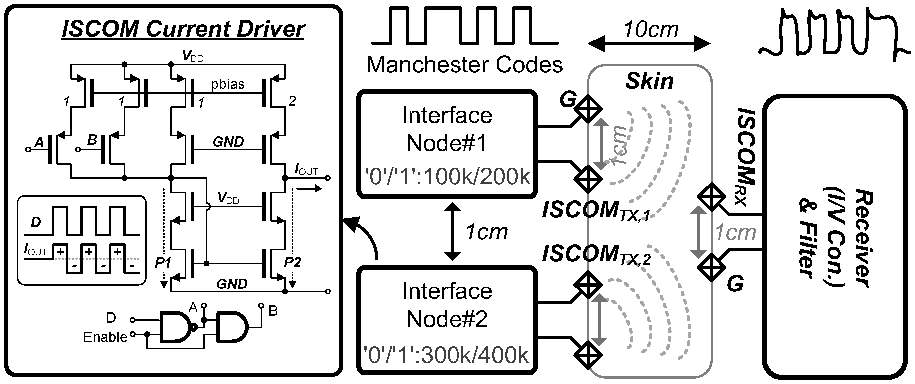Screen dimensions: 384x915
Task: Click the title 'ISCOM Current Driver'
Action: click(x=183, y=29)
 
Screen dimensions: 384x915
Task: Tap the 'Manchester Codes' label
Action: click(x=464, y=65)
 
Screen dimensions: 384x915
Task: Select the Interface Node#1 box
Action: click(x=447, y=144)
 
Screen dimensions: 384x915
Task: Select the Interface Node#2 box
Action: click(x=447, y=320)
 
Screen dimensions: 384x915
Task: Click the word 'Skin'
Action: click(x=649, y=81)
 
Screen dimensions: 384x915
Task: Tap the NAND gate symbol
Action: click(x=176, y=327)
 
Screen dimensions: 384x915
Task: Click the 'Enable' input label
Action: click(x=105, y=337)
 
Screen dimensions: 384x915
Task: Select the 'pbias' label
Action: click(x=228, y=84)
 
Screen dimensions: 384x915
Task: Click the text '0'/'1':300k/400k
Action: click(x=447, y=355)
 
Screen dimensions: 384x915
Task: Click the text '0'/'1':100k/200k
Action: click(x=447, y=177)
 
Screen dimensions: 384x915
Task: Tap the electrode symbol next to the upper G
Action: click(x=588, y=108)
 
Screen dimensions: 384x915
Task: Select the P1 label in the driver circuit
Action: click(x=163, y=263)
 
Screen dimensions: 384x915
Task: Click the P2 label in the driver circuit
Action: click(x=292, y=263)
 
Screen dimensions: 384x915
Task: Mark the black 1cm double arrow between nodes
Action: click(x=452, y=232)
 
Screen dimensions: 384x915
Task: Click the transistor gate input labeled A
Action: click(x=39, y=142)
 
